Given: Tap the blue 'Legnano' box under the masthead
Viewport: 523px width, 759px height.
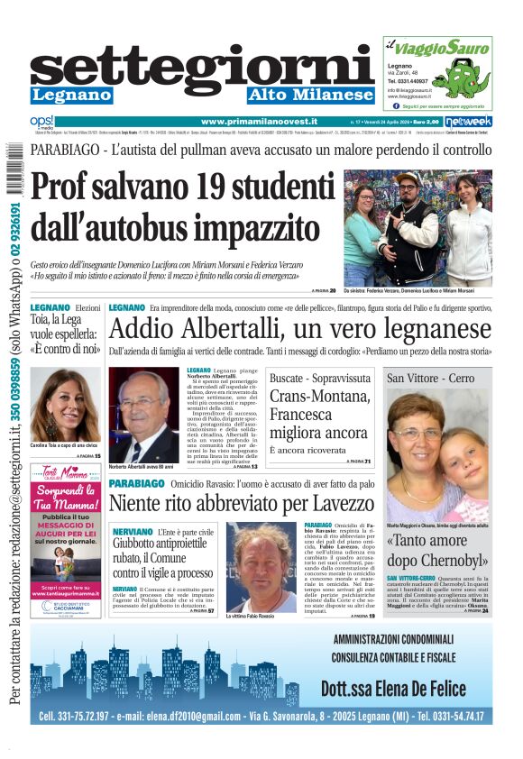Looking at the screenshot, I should pos(71,95).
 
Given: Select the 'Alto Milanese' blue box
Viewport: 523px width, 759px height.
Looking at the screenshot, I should pos(310,95).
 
